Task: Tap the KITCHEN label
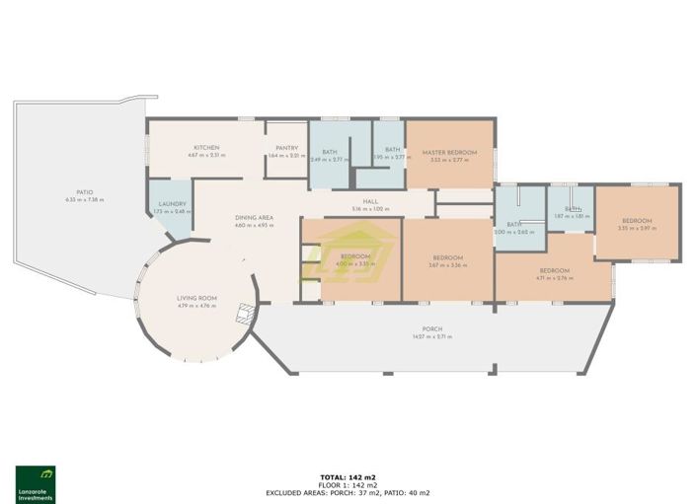(206, 148)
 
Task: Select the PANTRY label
(287, 148)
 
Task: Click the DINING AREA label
(254, 217)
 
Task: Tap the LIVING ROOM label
(196, 298)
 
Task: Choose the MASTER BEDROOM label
(449, 153)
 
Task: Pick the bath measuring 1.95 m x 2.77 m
(392, 151)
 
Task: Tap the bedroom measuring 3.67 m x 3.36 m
(446, 258)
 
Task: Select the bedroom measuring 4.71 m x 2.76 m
(554, 271)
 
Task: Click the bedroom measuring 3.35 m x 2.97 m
(637, 222)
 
